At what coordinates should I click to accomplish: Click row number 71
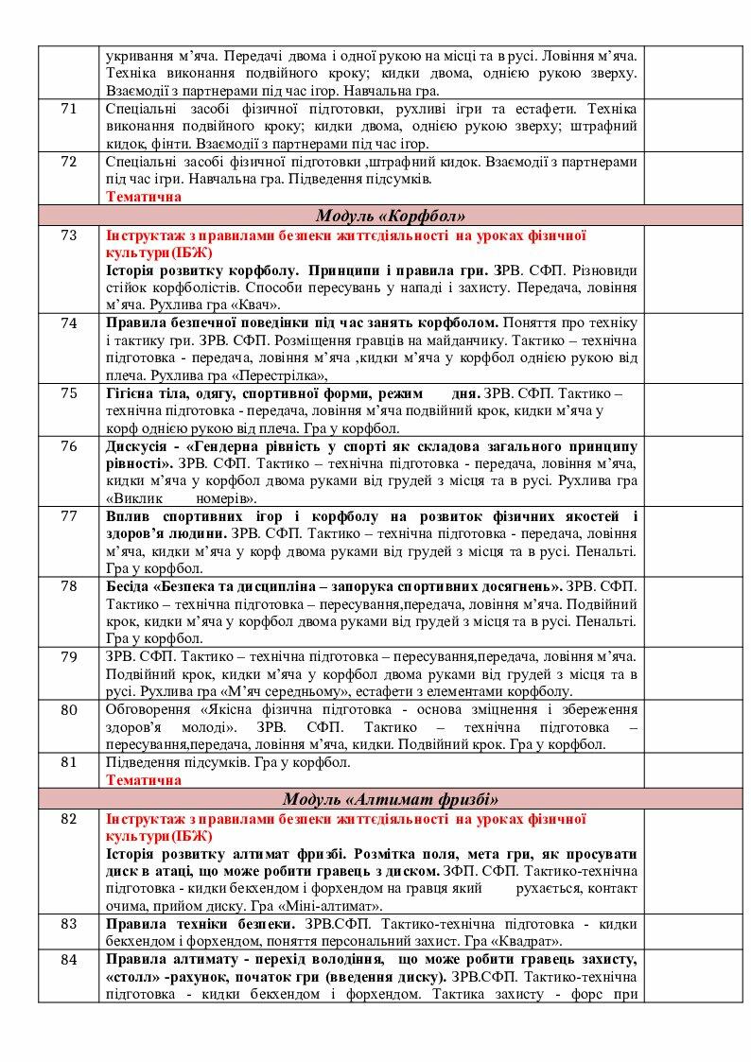68,109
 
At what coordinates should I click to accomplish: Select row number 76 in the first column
68,445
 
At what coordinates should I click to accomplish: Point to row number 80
68,709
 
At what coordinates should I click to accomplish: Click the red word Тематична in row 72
144,197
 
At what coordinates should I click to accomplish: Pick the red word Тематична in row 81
144,780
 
